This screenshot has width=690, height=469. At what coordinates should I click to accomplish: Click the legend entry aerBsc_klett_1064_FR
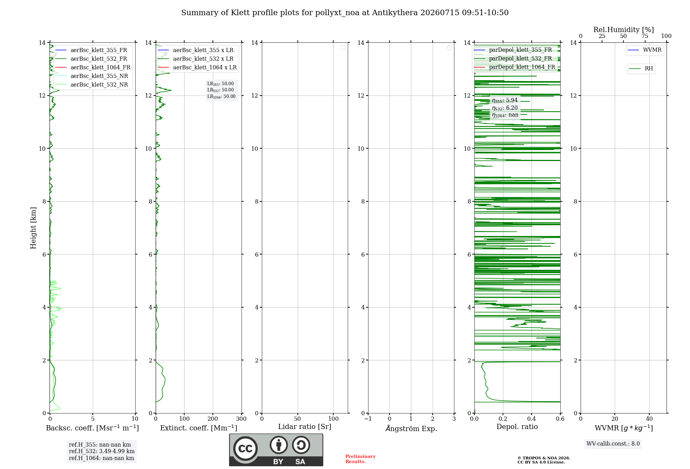pyautogui.click(x=93, y=67)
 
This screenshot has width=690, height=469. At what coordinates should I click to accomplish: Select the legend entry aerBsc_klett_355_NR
pyautogui.click(x=92, y=76)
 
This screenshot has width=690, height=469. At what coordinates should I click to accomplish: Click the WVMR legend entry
pyautogui.click(x=644, y=50)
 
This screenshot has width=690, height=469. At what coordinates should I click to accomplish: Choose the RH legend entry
pyautogui.click(x=641, y=69)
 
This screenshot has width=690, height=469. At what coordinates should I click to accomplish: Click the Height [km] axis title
pyautogui.click(x=33, y=228)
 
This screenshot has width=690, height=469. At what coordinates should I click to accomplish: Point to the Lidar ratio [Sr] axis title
pyautogui.click(x=305, y=427)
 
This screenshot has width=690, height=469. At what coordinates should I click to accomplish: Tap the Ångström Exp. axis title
pyautogui.click(x=411, y=428)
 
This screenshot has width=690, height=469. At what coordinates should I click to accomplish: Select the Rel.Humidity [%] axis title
pyautogui.click(x=624, y=30)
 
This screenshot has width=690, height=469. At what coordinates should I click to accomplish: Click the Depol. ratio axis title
pyautogui.click(x=517, y=427)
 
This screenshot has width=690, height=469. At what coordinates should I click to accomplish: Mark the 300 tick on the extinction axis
pyautogui.click(x=241, y=419)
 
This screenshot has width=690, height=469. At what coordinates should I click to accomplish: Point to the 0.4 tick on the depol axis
pyautogui.click(x=532, y=419)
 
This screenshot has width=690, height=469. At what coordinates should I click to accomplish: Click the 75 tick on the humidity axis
pyautogui.click(x=645, y=36)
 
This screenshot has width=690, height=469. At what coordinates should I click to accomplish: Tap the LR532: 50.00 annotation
pyautogui.click(x=220, y=90)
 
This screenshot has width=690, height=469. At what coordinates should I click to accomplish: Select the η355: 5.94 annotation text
pyautogui.click(x=505, y=100)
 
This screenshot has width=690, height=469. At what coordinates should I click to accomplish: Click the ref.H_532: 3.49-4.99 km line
pyautogui.click(x=102, y=451)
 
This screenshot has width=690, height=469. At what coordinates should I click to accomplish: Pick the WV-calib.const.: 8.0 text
pyautogui.click(x=613, y=444)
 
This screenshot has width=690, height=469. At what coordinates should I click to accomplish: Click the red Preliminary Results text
pyautogui.click(x=361, y=459)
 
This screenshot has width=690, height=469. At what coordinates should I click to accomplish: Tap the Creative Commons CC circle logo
pyautogui.click(x=245, y=449)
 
